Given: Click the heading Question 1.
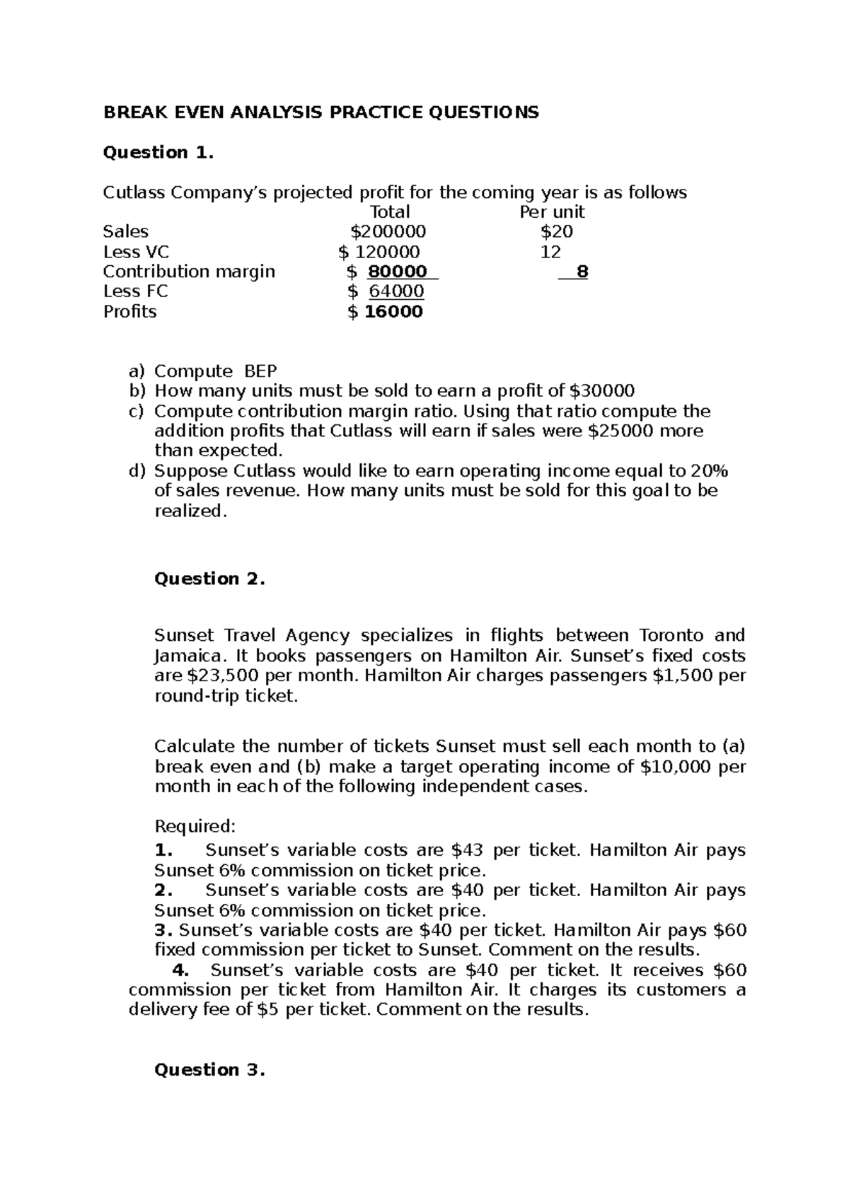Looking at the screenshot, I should (158, 152).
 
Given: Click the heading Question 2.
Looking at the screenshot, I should (209, 579).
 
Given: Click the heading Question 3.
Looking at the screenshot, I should (209, 1069).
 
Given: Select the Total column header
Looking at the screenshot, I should (390, 212).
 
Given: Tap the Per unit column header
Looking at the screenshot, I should (552, 212).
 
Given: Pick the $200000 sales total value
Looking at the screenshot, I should (388, 231).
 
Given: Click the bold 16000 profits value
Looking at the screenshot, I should (393, 312).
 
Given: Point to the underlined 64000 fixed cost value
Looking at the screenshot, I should (396, 291).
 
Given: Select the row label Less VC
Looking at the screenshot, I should (136, 252).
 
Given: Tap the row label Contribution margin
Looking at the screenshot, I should (189, 272).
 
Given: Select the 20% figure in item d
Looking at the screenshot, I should (710, 471).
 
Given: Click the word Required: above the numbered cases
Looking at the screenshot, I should (194, 826).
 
